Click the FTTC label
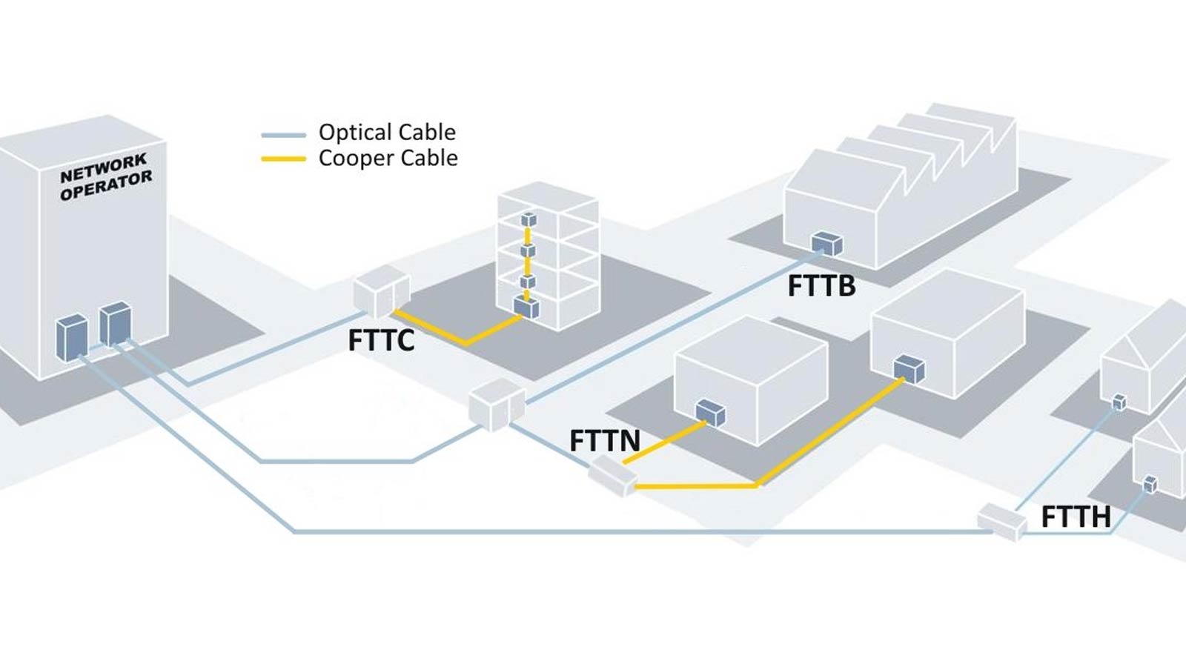[381, 340]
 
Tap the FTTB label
[821, 285]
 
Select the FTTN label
[604, 440]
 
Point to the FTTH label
[1076, 517]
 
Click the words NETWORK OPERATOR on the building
[106, 177]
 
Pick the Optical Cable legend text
[387, 132]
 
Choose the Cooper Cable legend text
[388, 158]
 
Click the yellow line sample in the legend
[283, 159]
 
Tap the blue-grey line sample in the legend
[283, 135]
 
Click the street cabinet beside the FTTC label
[381, 291]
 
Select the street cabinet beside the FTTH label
[1001, 520]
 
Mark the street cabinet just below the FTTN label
[613, 475]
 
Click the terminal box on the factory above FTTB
[826, 243]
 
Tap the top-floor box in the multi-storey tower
[528, 219]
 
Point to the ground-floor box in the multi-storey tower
[526, 307]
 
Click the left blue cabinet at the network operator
[72, 338]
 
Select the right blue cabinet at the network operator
[115, 323]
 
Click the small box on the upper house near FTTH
[1119, 402]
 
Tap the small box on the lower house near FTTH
[1150, 485]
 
